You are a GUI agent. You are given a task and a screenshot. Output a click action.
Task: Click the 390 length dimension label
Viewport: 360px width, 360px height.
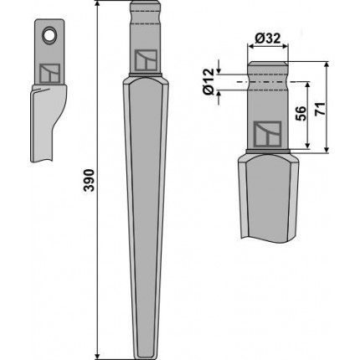tap(90, 180)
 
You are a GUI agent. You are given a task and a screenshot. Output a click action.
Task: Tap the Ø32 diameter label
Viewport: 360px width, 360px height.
tap(268, 39)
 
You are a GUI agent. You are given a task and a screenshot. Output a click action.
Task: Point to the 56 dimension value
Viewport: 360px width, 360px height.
tap(301, 113)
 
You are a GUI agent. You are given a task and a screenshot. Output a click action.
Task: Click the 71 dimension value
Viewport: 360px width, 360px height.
tap(320, 109)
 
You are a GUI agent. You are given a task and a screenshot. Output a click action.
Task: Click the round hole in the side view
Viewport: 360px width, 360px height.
tap(49, 35)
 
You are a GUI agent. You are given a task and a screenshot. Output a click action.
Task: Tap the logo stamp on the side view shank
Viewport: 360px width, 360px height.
tap(49, 73)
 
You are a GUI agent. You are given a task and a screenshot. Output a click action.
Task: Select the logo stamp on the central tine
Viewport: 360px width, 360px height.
tap(146, 60)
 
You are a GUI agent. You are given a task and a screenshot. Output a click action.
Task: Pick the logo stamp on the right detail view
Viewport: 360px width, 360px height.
tap(267, 134)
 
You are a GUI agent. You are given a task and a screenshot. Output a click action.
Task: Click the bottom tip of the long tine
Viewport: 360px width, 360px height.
tap(146, 358)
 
